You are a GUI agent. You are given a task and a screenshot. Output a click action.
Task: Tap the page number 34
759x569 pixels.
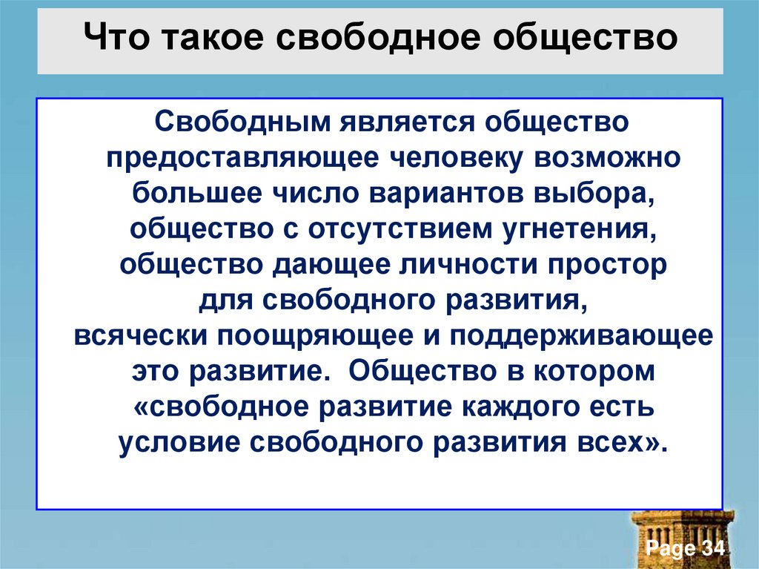709,549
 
